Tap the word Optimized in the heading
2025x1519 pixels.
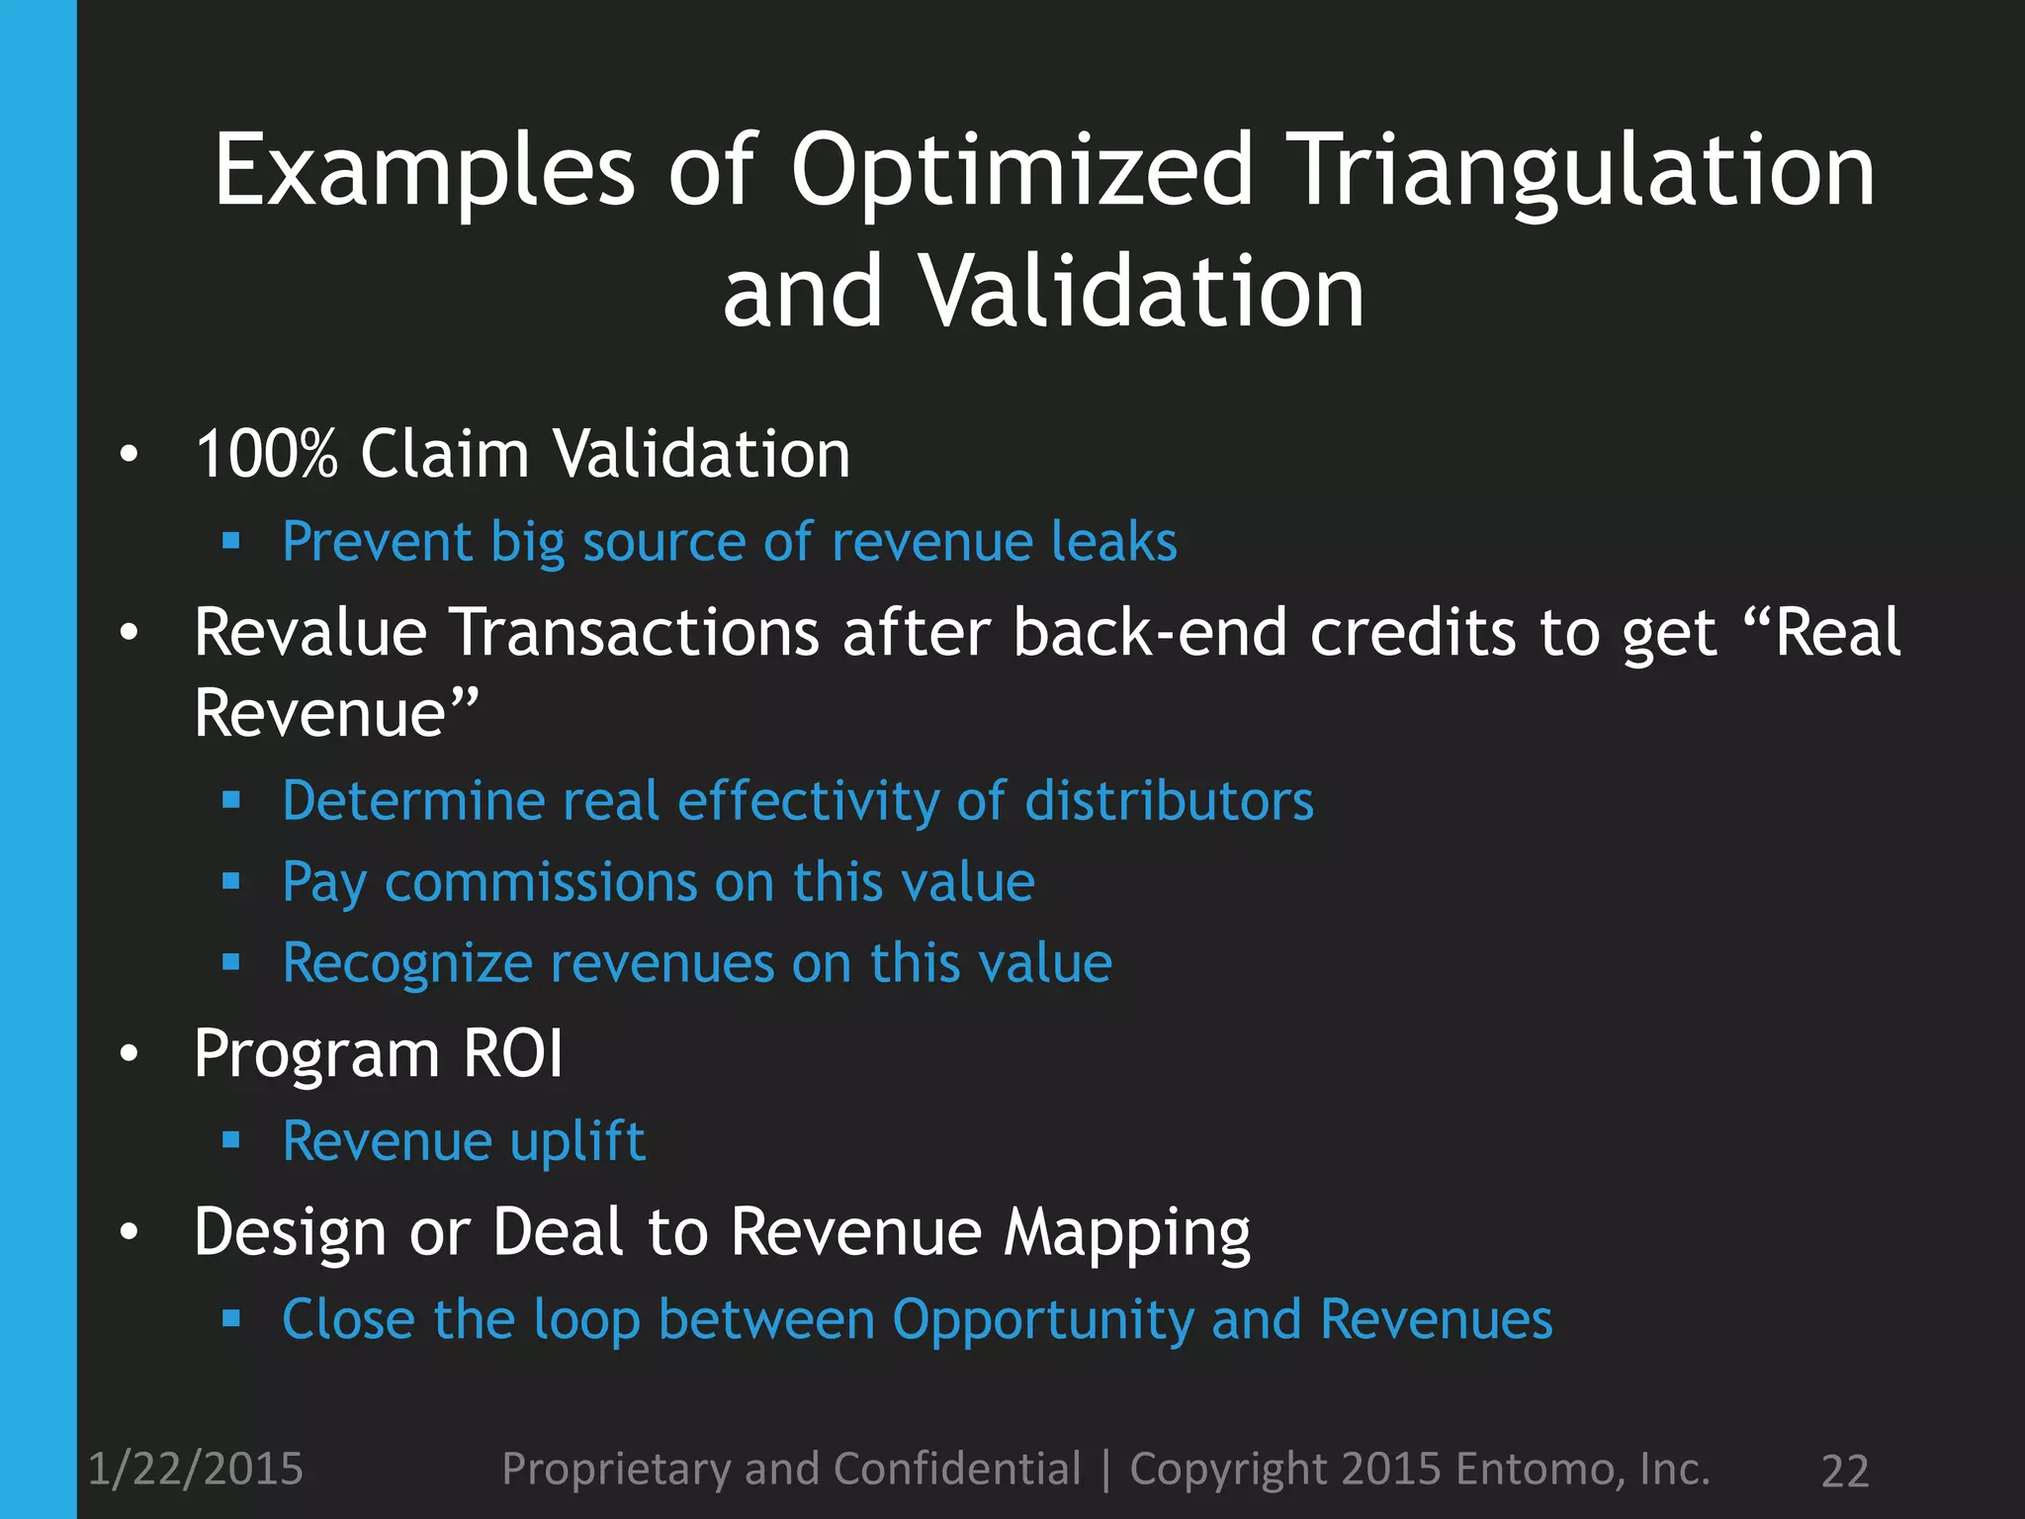[x=1022, y=173]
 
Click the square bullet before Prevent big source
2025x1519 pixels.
[x=231, y=541]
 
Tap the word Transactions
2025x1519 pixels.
[x=635, y=633]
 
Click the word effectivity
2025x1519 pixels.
[x=808, y=801]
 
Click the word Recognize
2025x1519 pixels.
[x=406, y=964]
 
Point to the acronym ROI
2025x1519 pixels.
[x=513, y=1054]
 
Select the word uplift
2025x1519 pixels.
[x=577, y=1142]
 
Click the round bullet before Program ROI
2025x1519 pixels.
[x=129, y=1054]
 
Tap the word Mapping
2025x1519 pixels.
[x=1127, y=1234]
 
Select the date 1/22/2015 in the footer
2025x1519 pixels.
[x=196, y=1470]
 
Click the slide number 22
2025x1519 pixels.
[x=1844, y=1472]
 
